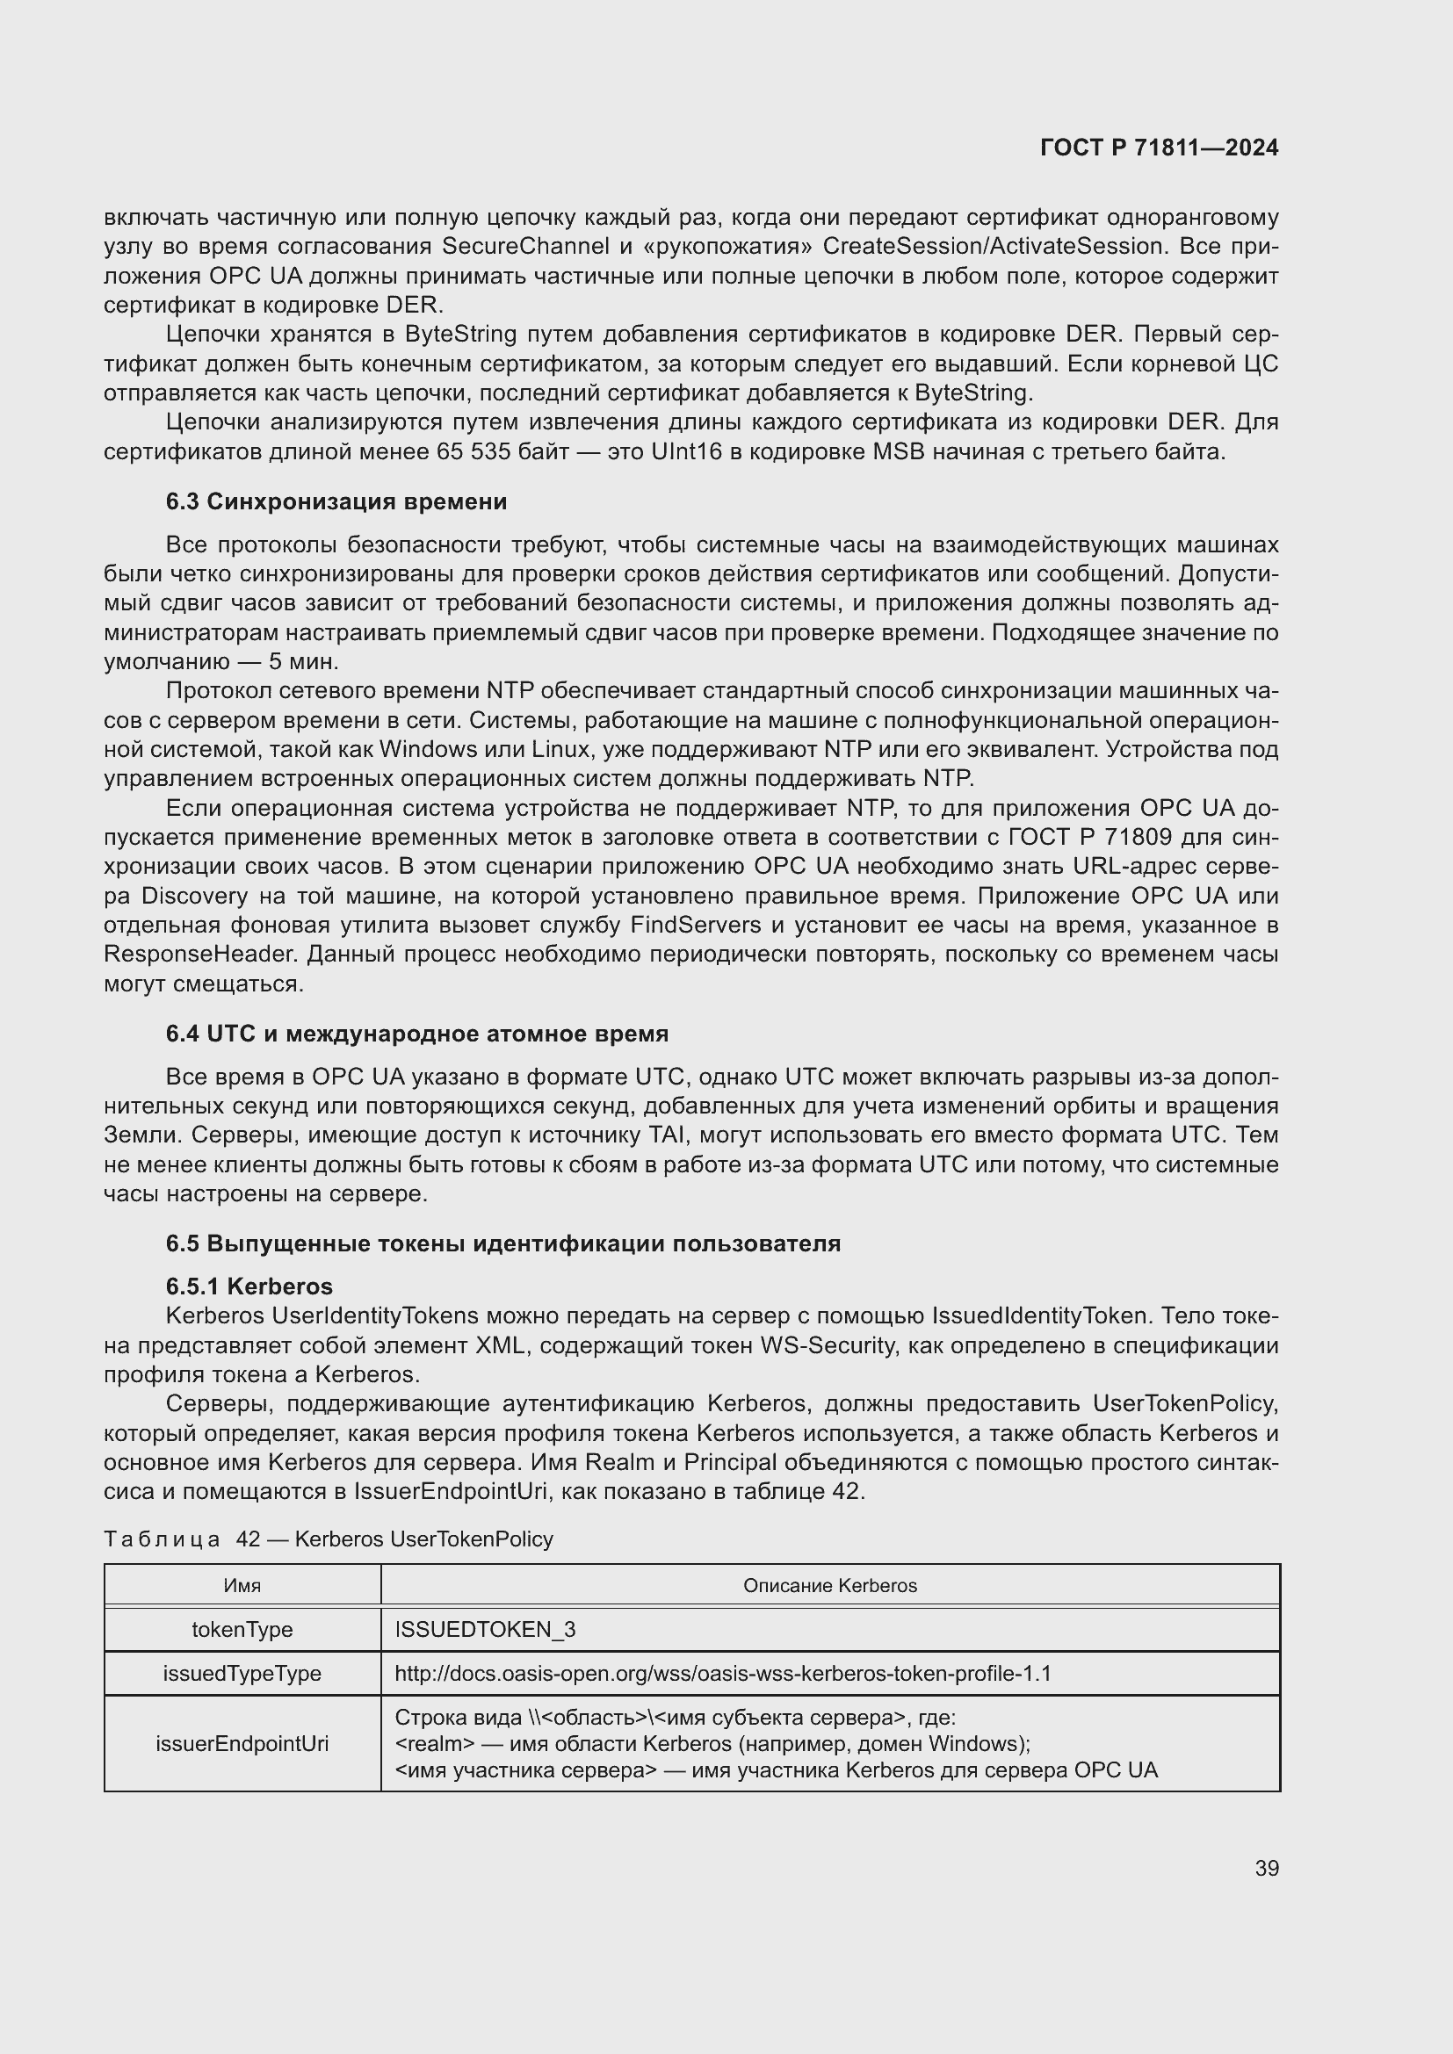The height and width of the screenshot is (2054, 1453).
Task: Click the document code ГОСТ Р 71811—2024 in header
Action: point(1159,148)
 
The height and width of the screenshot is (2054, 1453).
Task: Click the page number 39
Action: point(1266,1868)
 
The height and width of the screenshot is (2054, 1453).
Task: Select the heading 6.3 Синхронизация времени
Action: point(336,502)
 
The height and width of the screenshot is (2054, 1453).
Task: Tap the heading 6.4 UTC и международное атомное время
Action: point(417,1034)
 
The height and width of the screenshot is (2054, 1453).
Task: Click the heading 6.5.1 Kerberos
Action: point(249,1286)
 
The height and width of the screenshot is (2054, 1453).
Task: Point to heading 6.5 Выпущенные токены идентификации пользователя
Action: point(502,1243)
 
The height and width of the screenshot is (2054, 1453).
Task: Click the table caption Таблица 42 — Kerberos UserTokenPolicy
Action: point(329,1539)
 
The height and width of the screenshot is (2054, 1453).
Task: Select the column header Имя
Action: point(242,1585)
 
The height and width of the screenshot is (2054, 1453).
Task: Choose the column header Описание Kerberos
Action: point(829,1585)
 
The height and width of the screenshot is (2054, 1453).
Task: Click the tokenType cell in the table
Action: point(242,1629)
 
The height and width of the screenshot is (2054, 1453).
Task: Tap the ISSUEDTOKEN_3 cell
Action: point(485,1629)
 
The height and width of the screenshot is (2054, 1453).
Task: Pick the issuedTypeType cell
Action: point(242,1673)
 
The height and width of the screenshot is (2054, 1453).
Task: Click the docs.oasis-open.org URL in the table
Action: point(722,1673)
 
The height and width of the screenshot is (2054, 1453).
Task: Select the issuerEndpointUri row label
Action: point(242,1744)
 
